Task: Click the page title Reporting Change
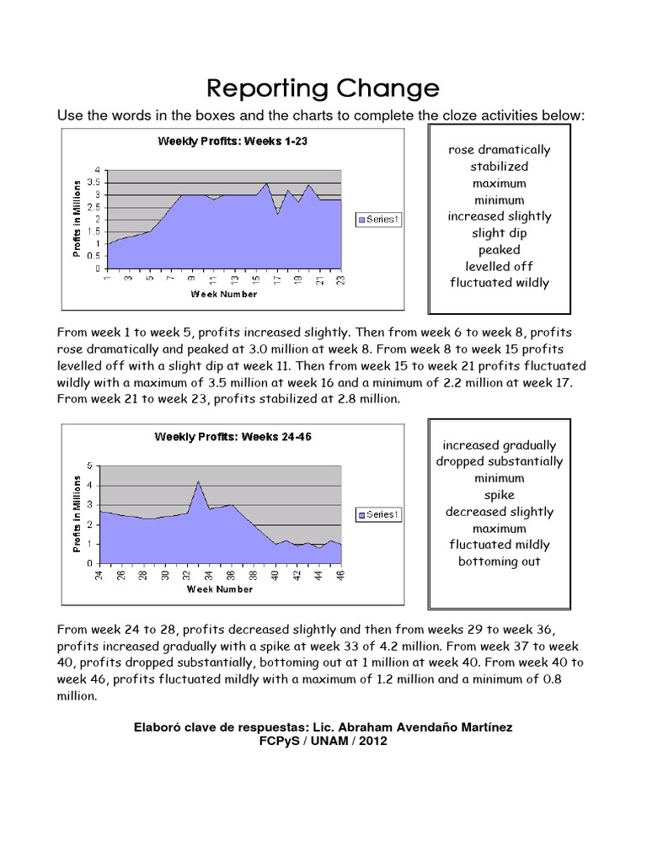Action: [x=323, y=88]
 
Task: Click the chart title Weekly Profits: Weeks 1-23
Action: [x=233, y=141]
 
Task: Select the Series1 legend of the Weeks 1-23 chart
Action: [x=381, y=220]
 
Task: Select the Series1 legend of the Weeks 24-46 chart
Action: [x=381, y=514]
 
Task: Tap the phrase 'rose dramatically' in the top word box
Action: [x=500, y=150]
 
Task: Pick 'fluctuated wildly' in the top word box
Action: [x=500, y=283]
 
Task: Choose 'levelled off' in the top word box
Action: [x=500, y=266]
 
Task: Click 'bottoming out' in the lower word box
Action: [x=499, y=561]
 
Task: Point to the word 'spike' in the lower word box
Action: [x=499, y=495]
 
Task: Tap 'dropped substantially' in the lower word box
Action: [x=499, y=461]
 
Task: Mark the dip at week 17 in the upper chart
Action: [x=278, y=215]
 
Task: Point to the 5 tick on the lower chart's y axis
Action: [x=91, y=466]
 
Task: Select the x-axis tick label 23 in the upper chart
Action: [x=341, y=281]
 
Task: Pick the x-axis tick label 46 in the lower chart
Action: [x=341, y=576]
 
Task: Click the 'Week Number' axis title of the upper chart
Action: [x=224, y=295]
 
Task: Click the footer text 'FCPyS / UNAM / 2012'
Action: [x=323, y=741]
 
